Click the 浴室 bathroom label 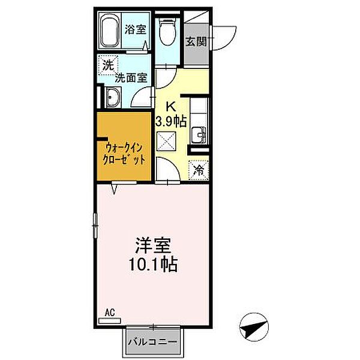coord(134,29)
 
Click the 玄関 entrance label coord(196,41)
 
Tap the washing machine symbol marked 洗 coord(107,65)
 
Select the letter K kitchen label coord(170,107)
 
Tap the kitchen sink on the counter coord(198,134)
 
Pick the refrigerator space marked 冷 coord(199,170)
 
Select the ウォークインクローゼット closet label coord(125,152)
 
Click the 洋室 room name coord(153,245)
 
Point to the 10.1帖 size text coord(153,263)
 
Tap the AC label coord(109,313)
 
